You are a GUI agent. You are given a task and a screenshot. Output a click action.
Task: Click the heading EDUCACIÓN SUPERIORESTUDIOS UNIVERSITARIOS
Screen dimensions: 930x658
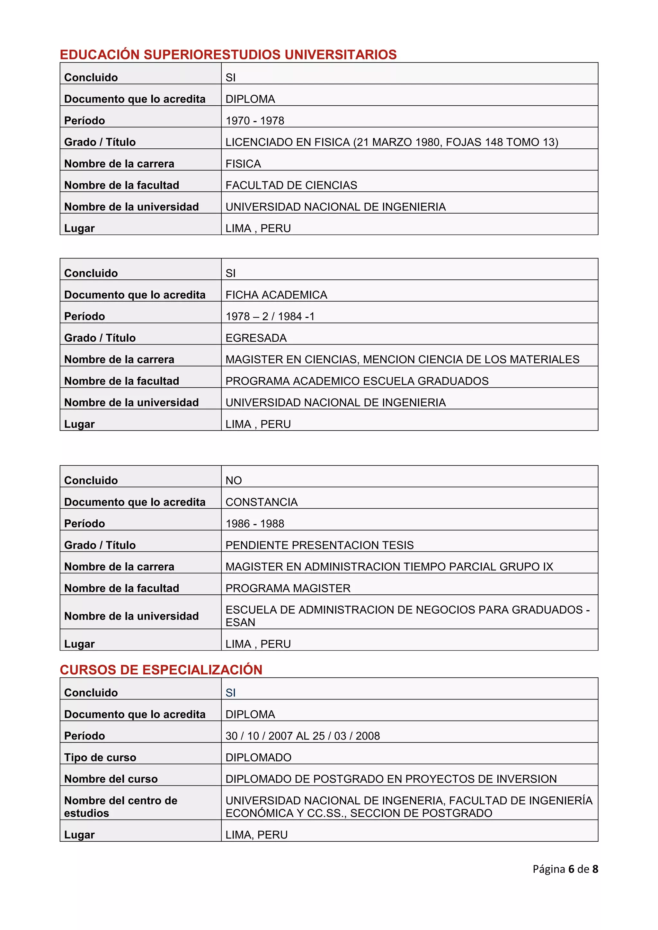228,54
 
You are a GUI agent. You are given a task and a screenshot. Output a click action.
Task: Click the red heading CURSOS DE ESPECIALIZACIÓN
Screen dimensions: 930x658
161,670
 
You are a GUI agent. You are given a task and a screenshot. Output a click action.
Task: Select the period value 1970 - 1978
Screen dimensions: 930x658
254,121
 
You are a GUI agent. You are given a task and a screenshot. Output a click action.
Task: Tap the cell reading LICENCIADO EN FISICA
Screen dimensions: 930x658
391,142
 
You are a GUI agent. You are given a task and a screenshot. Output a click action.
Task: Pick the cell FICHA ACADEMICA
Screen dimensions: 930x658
276,295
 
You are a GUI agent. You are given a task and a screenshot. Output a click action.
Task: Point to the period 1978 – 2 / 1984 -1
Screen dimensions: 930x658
270,316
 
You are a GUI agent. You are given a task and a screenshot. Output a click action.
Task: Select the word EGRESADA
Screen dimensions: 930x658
256,338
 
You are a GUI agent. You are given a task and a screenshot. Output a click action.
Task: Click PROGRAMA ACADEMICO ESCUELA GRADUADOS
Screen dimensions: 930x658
357,381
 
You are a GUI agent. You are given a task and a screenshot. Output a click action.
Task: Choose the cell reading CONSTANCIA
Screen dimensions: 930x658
261,502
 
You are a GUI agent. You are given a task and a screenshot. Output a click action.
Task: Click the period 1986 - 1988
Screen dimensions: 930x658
254,524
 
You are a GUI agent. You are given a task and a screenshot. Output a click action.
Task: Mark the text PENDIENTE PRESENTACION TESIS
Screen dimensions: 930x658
319,545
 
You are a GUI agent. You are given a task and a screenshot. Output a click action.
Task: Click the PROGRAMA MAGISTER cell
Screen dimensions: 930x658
288,588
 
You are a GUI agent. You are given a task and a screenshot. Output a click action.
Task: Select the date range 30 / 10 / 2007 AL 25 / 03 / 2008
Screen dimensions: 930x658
302,736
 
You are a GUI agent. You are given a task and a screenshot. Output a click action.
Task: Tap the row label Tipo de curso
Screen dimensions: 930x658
100,758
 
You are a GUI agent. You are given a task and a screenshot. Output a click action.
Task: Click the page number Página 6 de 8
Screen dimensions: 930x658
565,869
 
